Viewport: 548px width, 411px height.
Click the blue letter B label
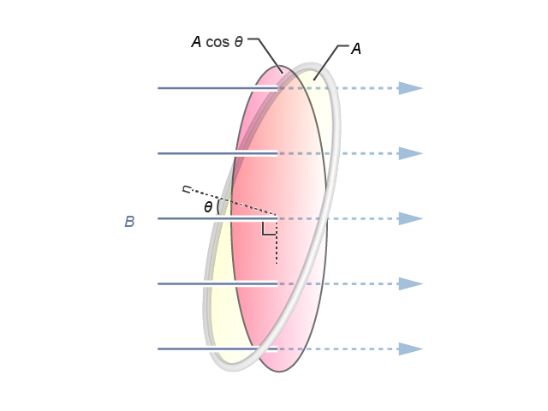pyautogui.click(x=129, y=222)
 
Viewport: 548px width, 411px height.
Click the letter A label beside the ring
pyautogui.click(x=356, y=49)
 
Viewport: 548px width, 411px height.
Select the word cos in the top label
pyautogui.click(x=217, y=42)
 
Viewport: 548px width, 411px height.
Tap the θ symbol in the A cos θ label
pyautogui.click(x=238, y=42)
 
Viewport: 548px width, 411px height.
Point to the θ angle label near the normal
pyautogui.click(x=208, y=207)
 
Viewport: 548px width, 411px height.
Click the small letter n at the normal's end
pyautogui.click(x=187, y=189)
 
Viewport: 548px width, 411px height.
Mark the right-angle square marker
pyautogui.click(x=269, y=229)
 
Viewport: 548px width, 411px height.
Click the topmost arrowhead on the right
pyautogui.click(x=411, y=88)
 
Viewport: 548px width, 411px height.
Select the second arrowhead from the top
pyautogui.click(x=411, y=153)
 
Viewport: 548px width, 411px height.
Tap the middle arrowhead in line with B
pyautogui.click(x=411, y=219)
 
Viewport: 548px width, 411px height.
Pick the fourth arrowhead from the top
pyautogui.click(x=411, y=283)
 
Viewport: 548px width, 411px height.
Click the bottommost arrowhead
pyautogui.click(x=411, y=349)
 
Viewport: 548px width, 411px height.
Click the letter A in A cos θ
pyautogui.click(x=196, y=42)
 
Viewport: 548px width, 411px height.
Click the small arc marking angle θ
pyautogui.click(x=218, y=207)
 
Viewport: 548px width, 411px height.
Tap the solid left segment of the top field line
pyautogui.click(x=217, y=88)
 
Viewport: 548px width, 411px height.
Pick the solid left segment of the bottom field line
pyautogui.click(x=217, y=349)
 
